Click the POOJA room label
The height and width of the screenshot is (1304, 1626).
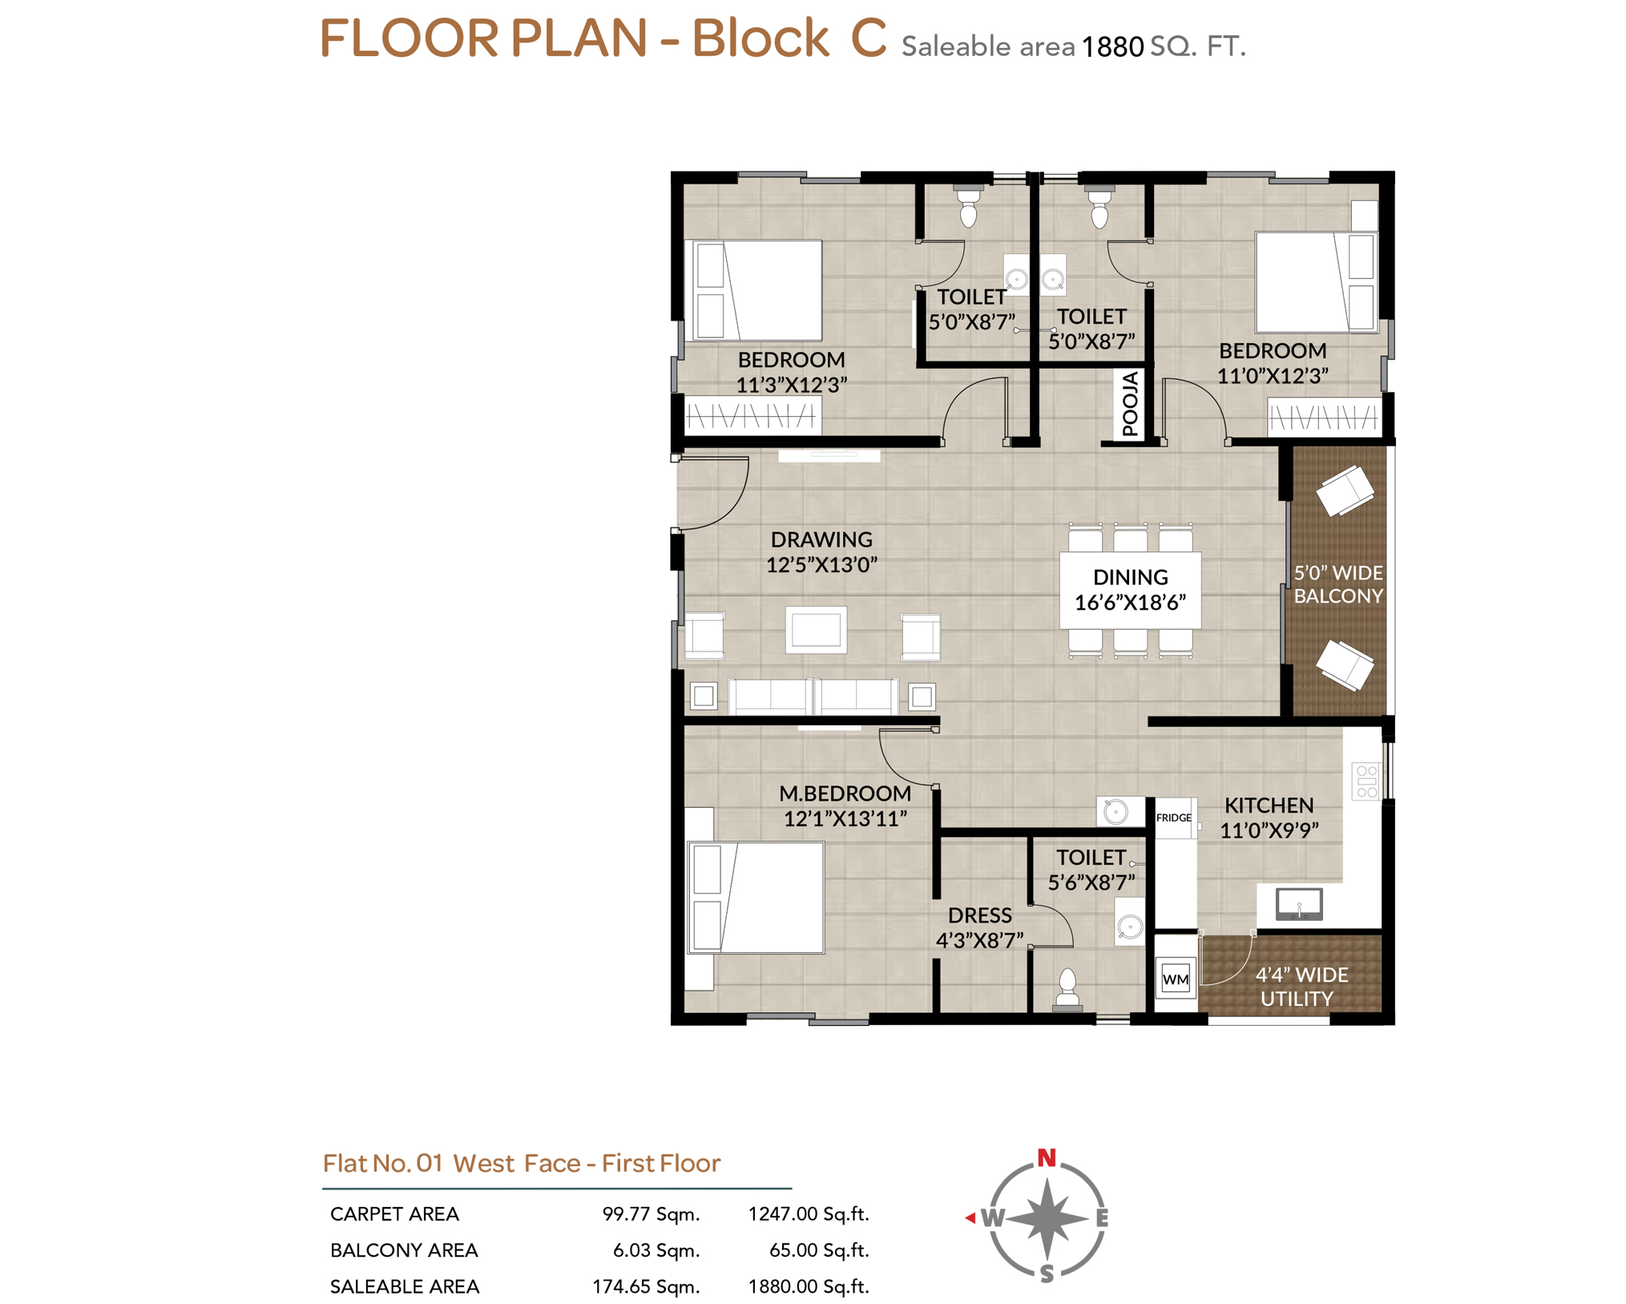pyautogui.click(x=1128, y=403)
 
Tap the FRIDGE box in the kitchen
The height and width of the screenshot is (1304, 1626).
pyautogui.click(x=1174, y=817)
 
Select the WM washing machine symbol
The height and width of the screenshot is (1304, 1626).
pyautogui.click(x=1175, y=978)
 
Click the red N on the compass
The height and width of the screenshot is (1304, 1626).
pyautogui.click(x=1046, y=1157)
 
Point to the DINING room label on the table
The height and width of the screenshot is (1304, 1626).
pyautogui.click(x=1130, y=576)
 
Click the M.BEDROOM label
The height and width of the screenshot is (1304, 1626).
pyautogui.click(x=845, y=793)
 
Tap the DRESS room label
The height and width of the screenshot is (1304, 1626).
pyautogui.click(x=979, y=914)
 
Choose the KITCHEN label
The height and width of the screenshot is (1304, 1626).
pyautogui.click(x=1269, y=805)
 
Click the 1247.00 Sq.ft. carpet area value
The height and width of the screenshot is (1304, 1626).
pyautogui.click(x=809, y=1213)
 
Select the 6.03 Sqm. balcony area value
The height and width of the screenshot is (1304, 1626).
pyautogui.click(x=656, y=1249)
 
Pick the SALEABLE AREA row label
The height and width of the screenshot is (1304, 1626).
pyautogui.click(x=405, y=1286)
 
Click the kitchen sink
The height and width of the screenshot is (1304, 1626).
pyautogui.click(x=1299, y=903)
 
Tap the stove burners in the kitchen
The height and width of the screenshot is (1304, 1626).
pyautogui.click(x=1366, y=781)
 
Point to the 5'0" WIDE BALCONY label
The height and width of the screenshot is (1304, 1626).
pyautogui.click(x=1338, y=583)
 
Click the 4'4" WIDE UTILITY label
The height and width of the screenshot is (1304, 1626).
pyautogui.click(x=1301, y=986)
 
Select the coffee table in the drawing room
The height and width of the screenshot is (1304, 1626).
pyautogui.click(x=816, y=629)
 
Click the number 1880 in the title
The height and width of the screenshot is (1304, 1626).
pyautogui.click(x=1112, y=47)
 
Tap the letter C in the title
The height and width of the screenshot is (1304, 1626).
pyautogui.click(x=868, y=38)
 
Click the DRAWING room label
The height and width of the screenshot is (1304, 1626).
pyautogui.click(x=821, y=539)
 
